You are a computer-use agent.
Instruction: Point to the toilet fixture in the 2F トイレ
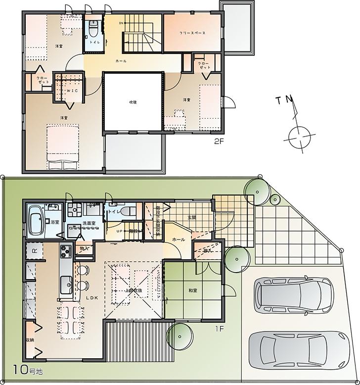point(93,30)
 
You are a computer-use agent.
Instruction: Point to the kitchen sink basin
point(66,284)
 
